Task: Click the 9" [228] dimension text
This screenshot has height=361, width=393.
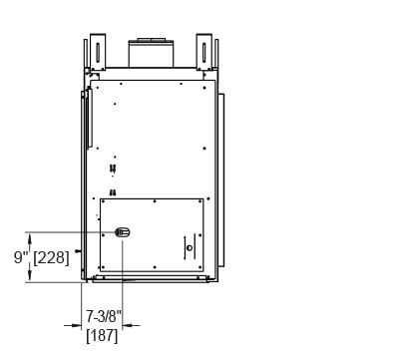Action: (42, 257)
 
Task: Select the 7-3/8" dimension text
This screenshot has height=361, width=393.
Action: (102, 316)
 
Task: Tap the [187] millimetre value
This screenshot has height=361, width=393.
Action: (102, 336)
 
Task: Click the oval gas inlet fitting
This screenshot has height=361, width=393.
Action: (123, 232)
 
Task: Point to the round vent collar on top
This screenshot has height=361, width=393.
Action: (152, 53)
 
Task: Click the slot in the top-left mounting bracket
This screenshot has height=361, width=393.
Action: (98, 52)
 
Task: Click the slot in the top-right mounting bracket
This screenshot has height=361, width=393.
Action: (203, 52)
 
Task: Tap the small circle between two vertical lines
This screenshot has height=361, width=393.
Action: (190, 247)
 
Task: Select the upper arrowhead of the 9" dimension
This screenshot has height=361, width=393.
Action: (30, 238)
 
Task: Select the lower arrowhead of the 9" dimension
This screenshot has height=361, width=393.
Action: (30, 276)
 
